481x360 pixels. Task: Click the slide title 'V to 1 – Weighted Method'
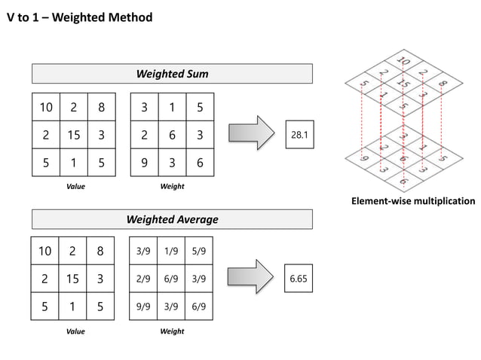(x=79, y=17)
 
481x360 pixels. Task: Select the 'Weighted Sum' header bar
(x=172, y=74)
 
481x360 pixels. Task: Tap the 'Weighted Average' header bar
(x=172, y=219)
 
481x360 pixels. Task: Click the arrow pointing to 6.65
(x=250, y=279)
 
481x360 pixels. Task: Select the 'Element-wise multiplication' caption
(x=413, y=201)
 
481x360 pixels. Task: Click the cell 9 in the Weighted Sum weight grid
(x=144, y=162)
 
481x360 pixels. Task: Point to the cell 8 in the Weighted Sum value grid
(x=101, y=107)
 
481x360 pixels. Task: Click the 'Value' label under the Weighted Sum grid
(x=75, y=186)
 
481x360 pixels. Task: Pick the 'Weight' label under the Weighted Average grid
(x=172, y=331)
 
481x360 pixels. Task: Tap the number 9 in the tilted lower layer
(x=363, y=158)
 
